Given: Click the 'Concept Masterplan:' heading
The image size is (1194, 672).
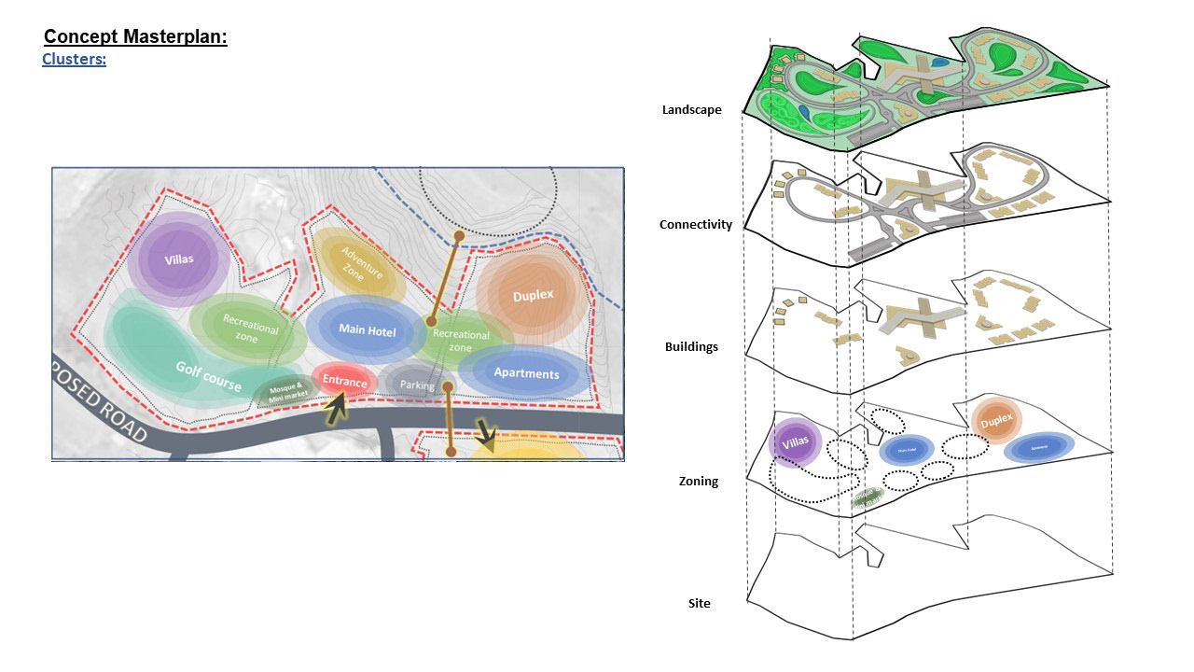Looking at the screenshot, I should click(135, 37).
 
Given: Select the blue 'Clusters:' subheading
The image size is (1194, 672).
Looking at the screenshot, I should click(74, 60).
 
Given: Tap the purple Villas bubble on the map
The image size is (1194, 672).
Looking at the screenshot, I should click(178, 259).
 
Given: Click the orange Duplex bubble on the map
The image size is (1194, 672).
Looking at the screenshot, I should click(533, 296).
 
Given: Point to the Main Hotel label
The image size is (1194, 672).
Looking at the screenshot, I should click(367, 330).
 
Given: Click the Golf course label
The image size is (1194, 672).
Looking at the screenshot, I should click(209, 375).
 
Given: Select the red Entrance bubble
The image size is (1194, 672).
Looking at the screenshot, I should click(344, 382).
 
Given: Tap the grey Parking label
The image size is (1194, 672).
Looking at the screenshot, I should click(417, 385).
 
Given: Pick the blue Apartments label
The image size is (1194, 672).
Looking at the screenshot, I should click(526, 373).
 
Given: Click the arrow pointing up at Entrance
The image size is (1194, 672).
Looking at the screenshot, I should click(335, 407).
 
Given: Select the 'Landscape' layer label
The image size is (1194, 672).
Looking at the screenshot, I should click(691, 110).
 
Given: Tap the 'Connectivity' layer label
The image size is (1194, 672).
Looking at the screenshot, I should click(695, 225).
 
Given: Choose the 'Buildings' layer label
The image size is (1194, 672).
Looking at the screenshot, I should click(691, 347).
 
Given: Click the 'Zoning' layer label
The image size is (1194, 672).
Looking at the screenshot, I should click(698, 482).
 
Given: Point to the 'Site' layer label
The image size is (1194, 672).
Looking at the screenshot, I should click(699, 604).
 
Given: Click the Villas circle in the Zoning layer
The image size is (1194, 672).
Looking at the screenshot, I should click(795, 441).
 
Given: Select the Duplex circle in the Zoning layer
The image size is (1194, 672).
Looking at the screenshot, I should click(996, 421).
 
